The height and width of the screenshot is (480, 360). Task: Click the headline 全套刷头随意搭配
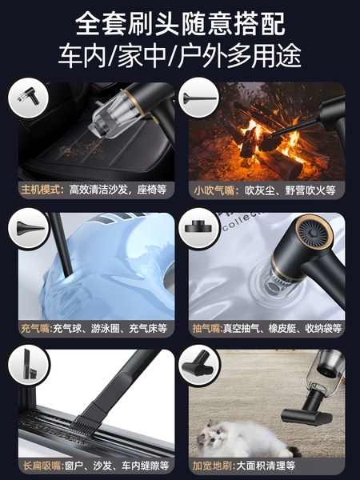pyautogui.click(x=180, y=24)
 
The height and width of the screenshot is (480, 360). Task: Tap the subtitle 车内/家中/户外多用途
pyautogui.click(x=180, y=56)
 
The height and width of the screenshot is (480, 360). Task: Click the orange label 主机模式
pyautogui.click(x=42, y=190)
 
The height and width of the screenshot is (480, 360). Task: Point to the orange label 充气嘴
pyautogui.click(x=37, y=329)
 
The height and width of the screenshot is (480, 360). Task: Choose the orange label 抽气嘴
pyautogui.click(x=207, y=329)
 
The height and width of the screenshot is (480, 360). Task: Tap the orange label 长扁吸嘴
pyautogui.click(x=43, y=466)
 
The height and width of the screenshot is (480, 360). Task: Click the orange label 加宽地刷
pyautogui.click(x=214, y=466)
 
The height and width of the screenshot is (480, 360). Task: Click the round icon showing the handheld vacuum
pyautogui.click(x=28, y=98)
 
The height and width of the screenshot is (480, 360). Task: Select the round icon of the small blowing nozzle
pyautogui.click(x=199, y=98)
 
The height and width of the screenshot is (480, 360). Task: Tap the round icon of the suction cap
pyautogui.click(x=199, y=228)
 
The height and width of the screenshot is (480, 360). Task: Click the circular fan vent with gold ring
pyautogui.click(x=314, y=233)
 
